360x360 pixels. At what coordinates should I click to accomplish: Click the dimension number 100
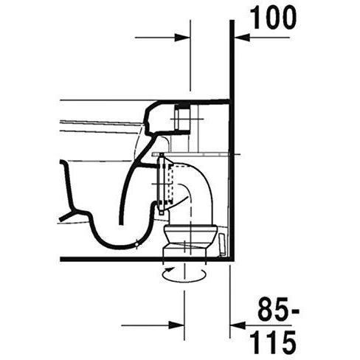(x=273, y=18)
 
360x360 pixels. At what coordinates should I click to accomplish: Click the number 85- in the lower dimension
(x=278, y=309)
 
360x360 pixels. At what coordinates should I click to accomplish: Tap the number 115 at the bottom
(x=272, y=342)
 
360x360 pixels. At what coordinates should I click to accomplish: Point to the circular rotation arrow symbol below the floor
(x=184, y=274)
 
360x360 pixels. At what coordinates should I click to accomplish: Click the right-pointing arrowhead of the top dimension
(x=182, y=38)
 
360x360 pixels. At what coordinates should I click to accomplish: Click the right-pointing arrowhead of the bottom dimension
(x=176, y=325)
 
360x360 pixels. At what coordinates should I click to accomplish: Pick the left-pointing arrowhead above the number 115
(x=238, y=325)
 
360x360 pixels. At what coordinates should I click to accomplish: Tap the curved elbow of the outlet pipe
(x=201, y=179)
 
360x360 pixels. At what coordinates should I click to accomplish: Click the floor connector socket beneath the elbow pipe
(x=190, y=240)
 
